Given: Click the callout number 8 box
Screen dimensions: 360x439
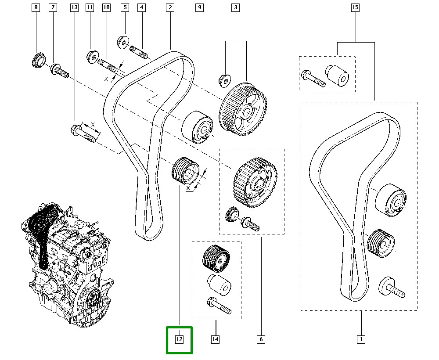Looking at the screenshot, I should pos(36,8).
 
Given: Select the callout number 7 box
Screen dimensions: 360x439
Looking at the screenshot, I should pos(53,8).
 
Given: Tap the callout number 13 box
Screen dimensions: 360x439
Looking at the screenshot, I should pos(74,8).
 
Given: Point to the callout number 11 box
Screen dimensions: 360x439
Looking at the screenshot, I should pos(90,8).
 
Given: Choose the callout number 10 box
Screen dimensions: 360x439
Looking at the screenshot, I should pos(106,8).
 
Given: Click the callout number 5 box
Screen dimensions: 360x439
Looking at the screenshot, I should pos(125,8).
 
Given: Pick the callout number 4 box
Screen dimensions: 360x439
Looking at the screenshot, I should pos(141,8).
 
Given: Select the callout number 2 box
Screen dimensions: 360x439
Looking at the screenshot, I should pos(170,8).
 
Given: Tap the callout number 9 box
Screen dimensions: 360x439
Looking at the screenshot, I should pos(200,8).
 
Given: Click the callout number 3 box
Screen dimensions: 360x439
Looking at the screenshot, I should pos(236,8).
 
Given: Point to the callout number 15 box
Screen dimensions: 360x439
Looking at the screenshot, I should pos(355,8).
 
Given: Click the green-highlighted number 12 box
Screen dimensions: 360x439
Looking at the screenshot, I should pos(179,339).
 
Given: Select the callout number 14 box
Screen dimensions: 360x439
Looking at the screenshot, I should pos(216,339).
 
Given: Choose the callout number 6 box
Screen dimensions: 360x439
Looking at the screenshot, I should pos(261,339).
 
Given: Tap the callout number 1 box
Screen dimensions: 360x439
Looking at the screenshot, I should pos(361,339).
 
